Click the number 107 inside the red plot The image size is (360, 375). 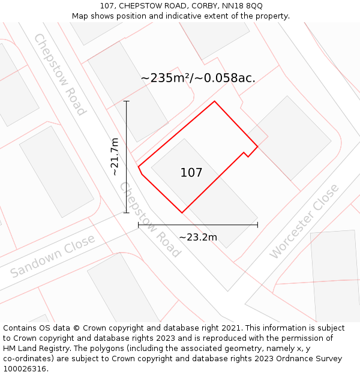(191, 173)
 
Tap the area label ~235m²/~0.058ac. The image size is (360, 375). (198, 78)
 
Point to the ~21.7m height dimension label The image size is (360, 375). (115, 157)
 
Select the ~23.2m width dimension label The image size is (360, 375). (198, 237)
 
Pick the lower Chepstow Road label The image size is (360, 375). (150, 219)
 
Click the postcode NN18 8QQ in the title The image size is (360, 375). (242, 6)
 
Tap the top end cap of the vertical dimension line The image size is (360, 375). (127, 101)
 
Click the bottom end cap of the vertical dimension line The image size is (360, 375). (127, 212)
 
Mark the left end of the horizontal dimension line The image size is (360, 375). (139, 225)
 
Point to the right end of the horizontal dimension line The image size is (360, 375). (257, 225)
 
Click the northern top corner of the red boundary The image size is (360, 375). (214, 101)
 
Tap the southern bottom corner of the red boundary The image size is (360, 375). (182, 212)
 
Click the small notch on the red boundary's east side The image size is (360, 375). (246, 155)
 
